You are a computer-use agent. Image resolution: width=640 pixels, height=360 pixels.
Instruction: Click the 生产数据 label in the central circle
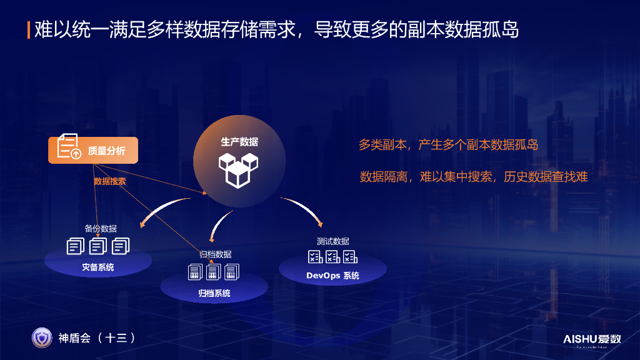click(x=239, y=142)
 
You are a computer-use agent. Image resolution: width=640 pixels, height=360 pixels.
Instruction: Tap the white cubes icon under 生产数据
click(x=238, y=168)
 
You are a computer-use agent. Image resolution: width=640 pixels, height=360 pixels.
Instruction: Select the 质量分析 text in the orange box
click(x=106, y=151)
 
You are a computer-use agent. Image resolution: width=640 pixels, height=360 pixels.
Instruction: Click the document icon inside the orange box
click(x=69, y=146)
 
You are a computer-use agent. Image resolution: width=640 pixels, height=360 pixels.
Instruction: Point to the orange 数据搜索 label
click(x=110, y=181)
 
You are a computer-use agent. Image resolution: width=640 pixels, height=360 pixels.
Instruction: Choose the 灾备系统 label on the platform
click(x=98, y=267)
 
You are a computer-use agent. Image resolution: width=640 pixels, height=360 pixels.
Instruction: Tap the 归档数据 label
click(x=215, y=254)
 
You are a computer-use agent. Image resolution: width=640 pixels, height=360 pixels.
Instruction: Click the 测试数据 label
click(x=332, y=241)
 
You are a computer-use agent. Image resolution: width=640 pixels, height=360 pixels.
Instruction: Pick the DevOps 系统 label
click(x=332, y=276)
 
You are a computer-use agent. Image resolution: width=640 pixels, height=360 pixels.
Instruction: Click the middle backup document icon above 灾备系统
click(x=98, y=246)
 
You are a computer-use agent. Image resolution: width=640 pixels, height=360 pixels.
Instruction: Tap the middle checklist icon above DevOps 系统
click(x=332, y=257)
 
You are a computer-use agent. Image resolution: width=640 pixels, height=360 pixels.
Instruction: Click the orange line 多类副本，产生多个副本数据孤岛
click(x=448, y=145)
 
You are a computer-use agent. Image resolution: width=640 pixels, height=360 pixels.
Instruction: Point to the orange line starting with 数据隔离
click(x=474, y=177)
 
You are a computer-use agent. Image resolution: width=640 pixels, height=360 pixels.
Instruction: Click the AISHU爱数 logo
click(x=592, y=339)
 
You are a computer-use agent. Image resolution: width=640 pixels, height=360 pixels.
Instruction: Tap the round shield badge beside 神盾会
click(x=42, y=337)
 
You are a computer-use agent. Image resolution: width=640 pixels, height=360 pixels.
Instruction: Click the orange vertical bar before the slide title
click(x=29, y=29)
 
